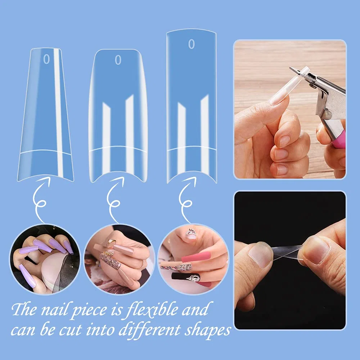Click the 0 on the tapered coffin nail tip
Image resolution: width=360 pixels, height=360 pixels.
(46, 59)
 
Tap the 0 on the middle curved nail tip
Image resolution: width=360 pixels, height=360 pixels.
(118, 60)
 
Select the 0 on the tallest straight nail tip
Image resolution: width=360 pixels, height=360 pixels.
(192, 44)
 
